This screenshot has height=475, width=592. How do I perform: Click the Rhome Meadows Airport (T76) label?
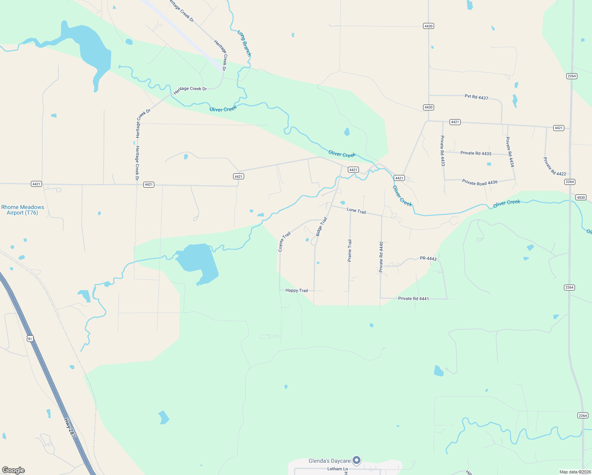(x=23, y=210)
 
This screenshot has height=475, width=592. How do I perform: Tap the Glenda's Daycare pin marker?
(x=357, y=460)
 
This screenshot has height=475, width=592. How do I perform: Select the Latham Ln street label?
(x=334, y=469)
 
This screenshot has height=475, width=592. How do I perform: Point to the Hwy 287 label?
(x=70, y=427)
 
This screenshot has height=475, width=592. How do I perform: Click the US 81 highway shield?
(x=30, y=338)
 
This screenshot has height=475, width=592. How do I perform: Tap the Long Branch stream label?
(x=244, y=43)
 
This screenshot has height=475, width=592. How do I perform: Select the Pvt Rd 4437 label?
(x=476, y=97)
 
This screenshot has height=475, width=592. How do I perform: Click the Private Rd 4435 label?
(x=476, y=153)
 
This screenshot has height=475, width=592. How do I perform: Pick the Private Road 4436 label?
(x=480, y=182)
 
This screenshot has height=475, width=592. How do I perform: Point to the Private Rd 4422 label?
(x=554, y=167)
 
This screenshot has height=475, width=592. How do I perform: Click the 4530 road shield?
(x=581, y=197)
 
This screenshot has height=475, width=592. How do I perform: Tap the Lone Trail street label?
(x=356, y=211)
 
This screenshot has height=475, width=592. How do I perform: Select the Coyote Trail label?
(x=284, y=241)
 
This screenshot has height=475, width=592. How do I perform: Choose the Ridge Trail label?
(x=322, y=226)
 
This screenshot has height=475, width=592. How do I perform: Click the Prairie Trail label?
(x=349, y=250)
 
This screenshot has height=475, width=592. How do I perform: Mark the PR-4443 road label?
(x=428, y=258)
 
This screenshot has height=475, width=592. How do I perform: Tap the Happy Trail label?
(x=296, y=291)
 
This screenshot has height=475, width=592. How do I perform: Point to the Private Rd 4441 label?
(x=413, y=298)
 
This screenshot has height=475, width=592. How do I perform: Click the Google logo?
(x=13, y=470)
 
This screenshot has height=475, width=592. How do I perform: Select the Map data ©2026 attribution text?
(x=575, y=472)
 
